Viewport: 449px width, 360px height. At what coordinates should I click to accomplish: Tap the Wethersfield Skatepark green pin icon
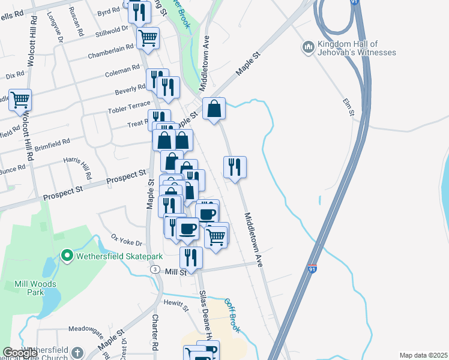68,256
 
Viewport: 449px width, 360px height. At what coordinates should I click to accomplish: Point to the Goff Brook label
232,316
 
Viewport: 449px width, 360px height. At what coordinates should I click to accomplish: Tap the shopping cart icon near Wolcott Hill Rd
20,100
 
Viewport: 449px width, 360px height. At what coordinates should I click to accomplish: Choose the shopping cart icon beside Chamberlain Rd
148,38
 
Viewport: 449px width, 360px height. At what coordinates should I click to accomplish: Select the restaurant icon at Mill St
191,257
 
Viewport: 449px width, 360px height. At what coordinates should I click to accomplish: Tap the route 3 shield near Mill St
155,270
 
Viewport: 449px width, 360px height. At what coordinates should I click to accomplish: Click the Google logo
20,353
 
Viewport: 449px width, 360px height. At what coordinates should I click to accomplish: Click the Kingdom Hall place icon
309,47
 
